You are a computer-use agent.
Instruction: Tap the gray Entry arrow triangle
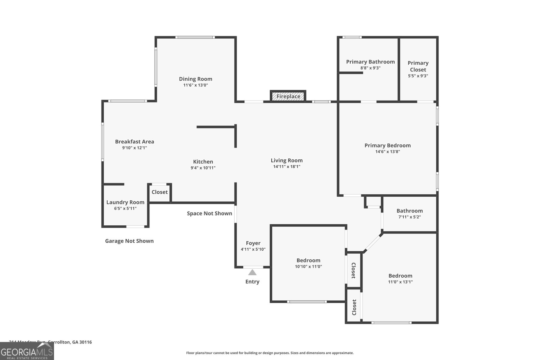tap(252, 272)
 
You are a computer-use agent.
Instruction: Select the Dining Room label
tap(195, 79)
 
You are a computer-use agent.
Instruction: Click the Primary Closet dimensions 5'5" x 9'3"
tap(418, 76)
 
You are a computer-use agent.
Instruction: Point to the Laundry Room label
tap(125, 202)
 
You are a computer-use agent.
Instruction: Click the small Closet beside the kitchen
tap(160, 192)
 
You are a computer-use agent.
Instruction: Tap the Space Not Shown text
tap(209, 213)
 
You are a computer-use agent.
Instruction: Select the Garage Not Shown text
tap(129, 241)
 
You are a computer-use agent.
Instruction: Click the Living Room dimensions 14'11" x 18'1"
tap(287, 167)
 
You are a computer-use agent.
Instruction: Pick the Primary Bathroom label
tap(370, 62)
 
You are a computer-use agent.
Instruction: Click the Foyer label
tap(253, 243)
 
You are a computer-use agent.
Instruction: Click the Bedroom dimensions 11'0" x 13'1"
tap(400, 282)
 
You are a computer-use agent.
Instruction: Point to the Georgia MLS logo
tap(27, 351)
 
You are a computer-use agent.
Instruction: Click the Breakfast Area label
tap(134, 142)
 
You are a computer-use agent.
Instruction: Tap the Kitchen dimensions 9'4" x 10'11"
tap(203, 168)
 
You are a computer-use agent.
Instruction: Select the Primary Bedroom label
tap(387, 145)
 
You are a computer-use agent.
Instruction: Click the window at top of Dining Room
tap(195, 37)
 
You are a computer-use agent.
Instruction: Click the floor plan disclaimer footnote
tap(270, 353)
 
